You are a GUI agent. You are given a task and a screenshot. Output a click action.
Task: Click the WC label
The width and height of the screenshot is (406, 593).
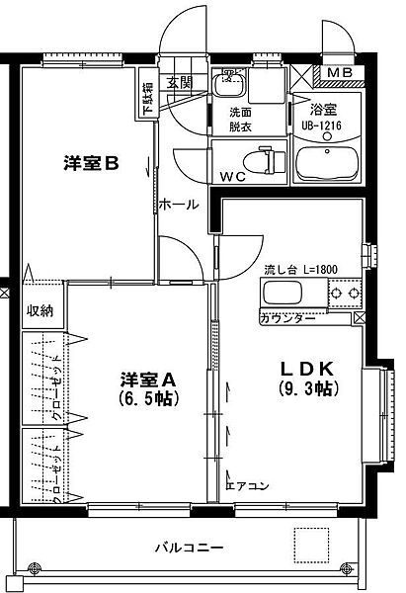point(232,178)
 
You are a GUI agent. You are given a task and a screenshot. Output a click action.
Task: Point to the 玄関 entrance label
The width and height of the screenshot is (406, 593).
point(179,83)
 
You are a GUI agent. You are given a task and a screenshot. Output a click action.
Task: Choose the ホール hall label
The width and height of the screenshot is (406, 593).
point(178,205)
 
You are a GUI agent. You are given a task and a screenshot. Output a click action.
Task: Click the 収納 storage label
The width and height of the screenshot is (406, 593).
point(41,311)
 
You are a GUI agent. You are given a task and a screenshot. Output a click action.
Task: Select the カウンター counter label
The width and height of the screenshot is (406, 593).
point(288,318)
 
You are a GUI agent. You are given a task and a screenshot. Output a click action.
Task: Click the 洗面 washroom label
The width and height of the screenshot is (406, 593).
point(242,111)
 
